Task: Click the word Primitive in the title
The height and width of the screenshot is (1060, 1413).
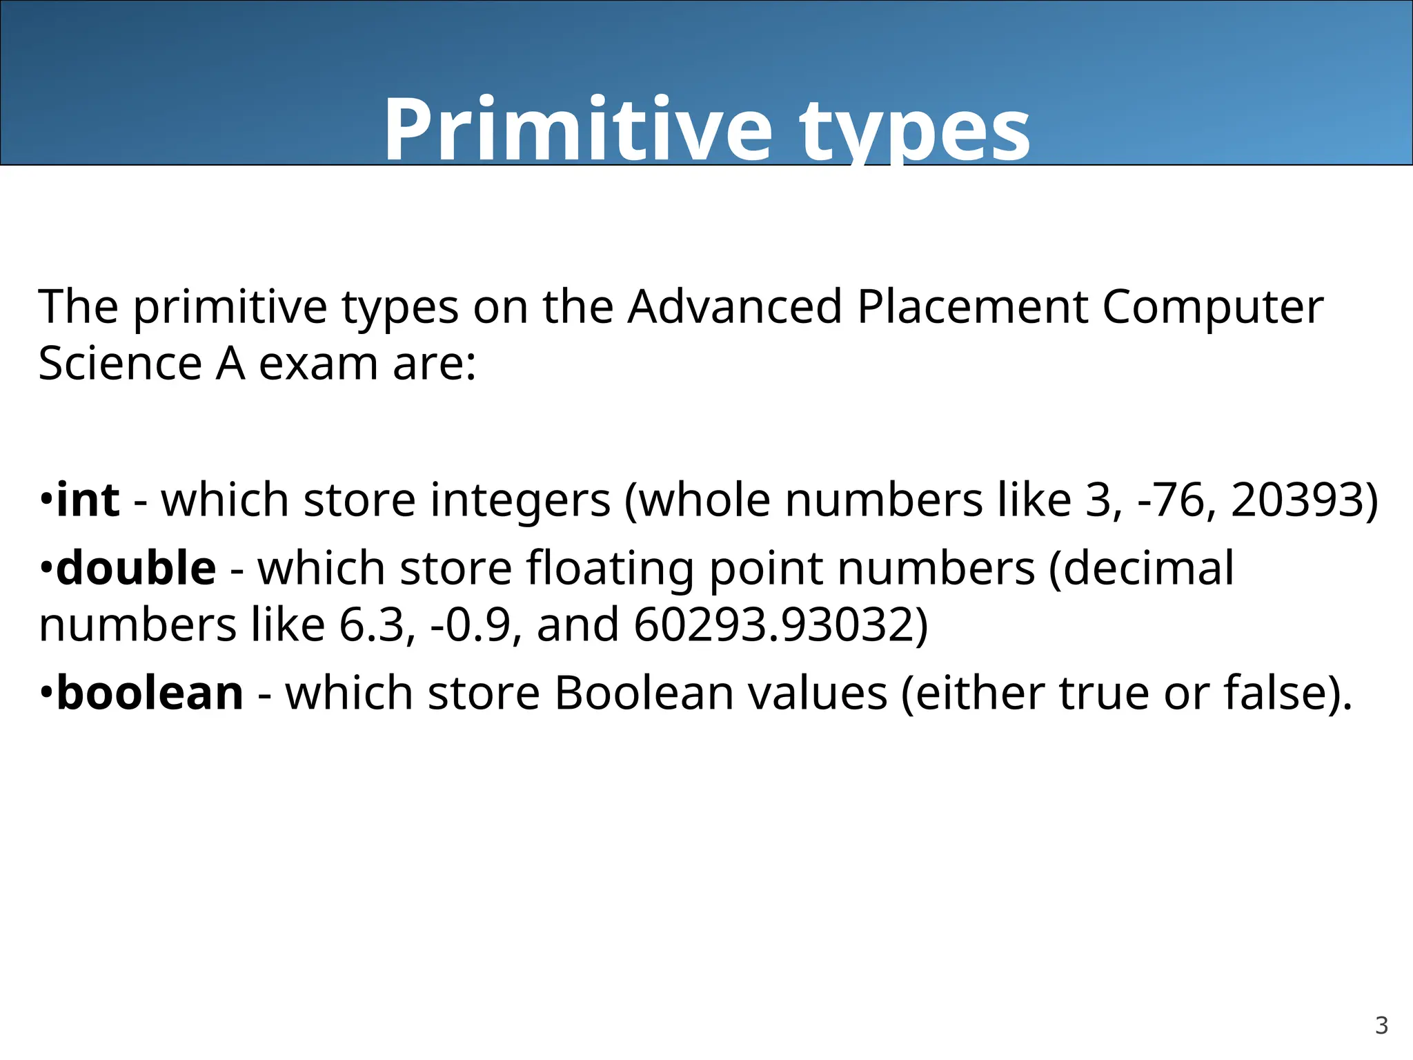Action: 578,130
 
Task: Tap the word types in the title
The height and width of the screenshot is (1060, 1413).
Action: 915,131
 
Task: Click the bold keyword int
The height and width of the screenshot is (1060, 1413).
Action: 88,500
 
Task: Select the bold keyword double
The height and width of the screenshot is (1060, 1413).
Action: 137,569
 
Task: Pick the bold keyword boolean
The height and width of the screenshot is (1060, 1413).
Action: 150,693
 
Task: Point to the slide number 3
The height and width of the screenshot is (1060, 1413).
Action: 1381,1025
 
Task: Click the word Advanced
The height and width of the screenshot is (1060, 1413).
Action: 735,306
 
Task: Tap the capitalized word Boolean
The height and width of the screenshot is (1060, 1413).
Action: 644,693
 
